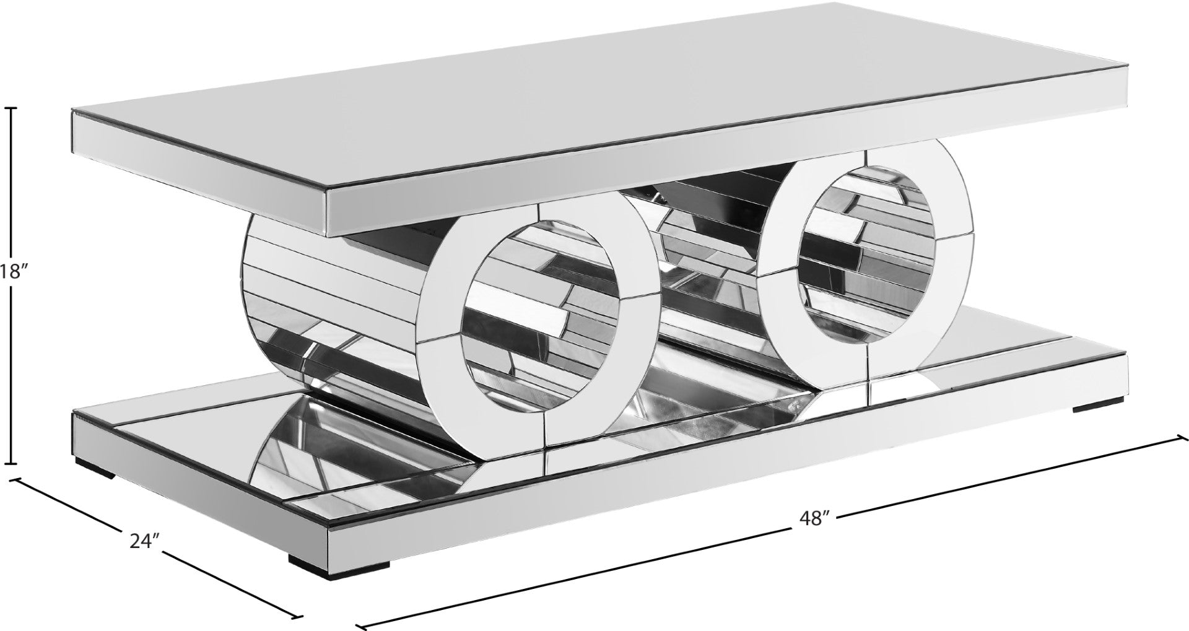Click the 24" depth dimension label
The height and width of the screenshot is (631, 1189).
(145, 524)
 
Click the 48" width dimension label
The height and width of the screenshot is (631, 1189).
(813, 517)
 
